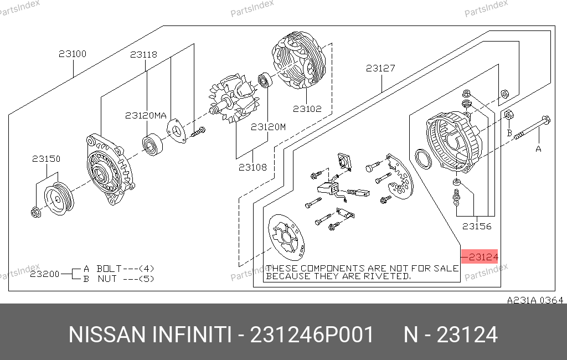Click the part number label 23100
(73, 54)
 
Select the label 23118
(143, 55)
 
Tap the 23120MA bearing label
(146, 115)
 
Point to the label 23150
(47, 159)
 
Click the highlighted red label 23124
(480, 256)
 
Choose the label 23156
(477, 227)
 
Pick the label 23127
(380, 68)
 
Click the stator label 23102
(307, 109)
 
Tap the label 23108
(252, 167)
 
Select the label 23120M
(268, 127)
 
